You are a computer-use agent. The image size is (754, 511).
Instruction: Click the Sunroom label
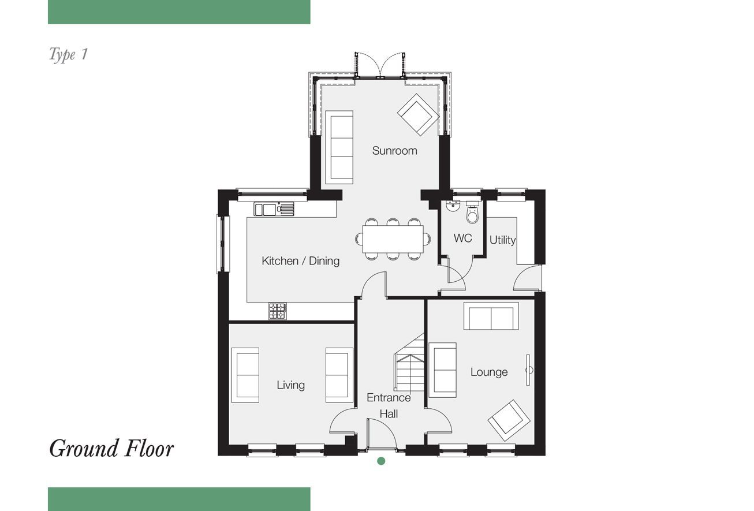tap(394, 151)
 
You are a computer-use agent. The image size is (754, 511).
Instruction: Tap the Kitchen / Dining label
tap(301, 261)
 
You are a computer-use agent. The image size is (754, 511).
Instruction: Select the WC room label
tap(462, 238)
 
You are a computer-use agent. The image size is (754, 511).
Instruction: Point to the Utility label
tap(502, 240)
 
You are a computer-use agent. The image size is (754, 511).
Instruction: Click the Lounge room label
tap(489, 372)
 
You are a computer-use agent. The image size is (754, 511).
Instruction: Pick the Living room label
tap(291, 385)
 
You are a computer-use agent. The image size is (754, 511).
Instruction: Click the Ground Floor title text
tap(111, 449)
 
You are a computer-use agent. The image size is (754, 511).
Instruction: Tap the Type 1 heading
tap(68, 54)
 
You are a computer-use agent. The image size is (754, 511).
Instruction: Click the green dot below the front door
tap(381, 461)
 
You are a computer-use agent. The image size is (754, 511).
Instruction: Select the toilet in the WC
tap(473, 212)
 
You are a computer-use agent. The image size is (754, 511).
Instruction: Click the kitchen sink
tap(274, 208)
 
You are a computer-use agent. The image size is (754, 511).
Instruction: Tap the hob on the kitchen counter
tap(278, 311)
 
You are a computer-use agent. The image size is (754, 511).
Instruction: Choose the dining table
tap(393, 239)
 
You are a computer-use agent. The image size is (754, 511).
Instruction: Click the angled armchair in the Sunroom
tap(418, 114)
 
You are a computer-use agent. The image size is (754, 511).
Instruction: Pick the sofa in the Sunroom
tap(339, 147)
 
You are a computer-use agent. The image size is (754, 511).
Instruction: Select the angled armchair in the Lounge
tap(509, 420)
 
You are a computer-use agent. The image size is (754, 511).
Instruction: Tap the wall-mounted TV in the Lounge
tap(528, 370)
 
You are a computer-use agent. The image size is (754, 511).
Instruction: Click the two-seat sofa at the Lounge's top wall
tap(491, 316)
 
